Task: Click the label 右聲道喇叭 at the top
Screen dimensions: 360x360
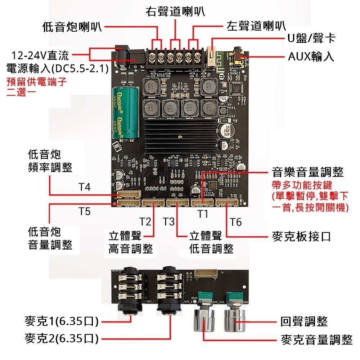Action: [175, 11]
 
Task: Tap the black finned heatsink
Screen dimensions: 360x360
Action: [180, 135]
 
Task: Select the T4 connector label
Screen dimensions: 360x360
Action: [85, 188]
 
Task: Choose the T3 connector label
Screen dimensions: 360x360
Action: [168, 222]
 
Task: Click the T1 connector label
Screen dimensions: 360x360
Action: [203, 214]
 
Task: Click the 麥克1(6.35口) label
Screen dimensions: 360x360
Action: [62, 321]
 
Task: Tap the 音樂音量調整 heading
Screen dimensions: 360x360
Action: [308, 172]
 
